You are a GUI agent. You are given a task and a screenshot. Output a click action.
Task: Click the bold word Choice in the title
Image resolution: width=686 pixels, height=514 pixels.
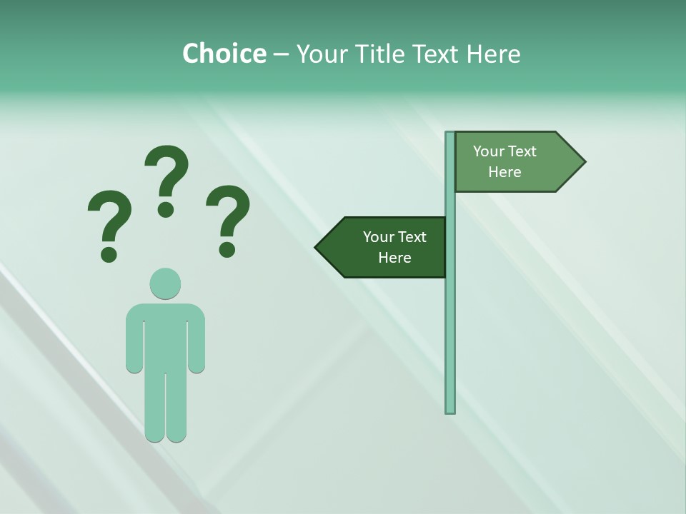click(x=224, y=54)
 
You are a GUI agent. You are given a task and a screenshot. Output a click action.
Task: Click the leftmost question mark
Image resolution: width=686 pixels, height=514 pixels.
click(x=109, y=221)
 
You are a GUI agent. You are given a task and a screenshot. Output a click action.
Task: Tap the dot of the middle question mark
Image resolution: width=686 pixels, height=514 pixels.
click(x=166, y=209)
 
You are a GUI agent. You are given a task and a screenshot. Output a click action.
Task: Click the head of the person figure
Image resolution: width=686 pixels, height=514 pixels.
click(x=165, y=283)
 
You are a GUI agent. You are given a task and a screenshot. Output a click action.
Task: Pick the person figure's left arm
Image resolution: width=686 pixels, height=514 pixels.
click(x=134, y=339)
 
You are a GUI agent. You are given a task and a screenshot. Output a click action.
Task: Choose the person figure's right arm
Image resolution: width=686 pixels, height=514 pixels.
click(x=197, y=339)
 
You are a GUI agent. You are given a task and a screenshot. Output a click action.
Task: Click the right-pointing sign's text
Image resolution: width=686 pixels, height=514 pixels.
click(x=504, y=161)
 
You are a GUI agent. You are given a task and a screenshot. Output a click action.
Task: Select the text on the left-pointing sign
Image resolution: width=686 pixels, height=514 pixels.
click(x=394, y=247)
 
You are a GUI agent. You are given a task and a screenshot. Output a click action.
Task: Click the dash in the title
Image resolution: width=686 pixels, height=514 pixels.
click(x=281, y=54)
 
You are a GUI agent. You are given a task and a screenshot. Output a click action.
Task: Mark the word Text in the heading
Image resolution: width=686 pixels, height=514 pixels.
click(x=437, y=54)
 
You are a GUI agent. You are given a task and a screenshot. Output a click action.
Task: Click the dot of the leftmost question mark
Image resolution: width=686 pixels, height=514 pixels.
click(x=109, y=253)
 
